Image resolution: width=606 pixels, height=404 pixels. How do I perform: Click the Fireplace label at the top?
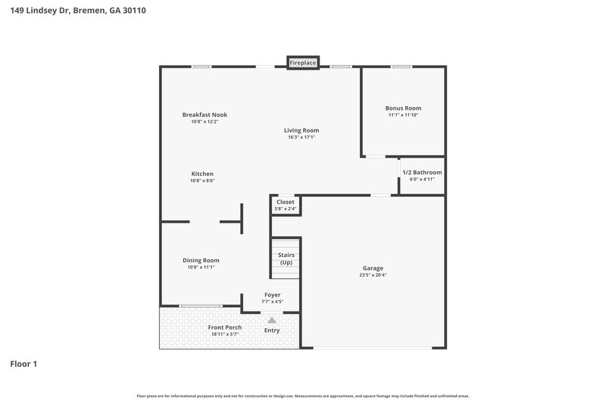pos(303,63)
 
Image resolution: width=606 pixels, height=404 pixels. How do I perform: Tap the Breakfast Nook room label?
pos(205,114)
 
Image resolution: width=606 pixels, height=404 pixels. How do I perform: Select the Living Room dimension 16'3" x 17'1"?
pos(301,137)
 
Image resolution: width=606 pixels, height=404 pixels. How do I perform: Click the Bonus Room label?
pos(404,108)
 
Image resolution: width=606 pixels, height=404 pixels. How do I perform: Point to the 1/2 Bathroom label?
pos(422,172)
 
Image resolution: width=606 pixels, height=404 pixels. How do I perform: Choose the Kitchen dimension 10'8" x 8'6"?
pos(202,180)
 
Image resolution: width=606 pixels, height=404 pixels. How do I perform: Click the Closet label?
pos(286,202)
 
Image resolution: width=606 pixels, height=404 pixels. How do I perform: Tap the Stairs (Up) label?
pos(286,258)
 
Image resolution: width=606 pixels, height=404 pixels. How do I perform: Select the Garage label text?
pos(373,268)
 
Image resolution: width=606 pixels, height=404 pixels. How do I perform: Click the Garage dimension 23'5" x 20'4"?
pos(373,275)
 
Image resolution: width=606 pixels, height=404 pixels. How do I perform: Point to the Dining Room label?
pos(201,260)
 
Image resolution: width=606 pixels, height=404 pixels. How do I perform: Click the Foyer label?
pos(272,294)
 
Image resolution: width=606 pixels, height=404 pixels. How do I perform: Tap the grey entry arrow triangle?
pos(272,321)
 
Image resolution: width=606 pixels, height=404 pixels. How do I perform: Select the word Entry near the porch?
pos(272,330)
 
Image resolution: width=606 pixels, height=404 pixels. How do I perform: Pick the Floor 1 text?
pos(23,364)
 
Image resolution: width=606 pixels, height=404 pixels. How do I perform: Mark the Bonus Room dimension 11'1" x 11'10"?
pos(404,115)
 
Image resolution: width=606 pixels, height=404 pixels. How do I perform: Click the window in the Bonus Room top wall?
pos(401,67)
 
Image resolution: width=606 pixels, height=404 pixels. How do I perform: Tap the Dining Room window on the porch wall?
pos(201,306)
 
